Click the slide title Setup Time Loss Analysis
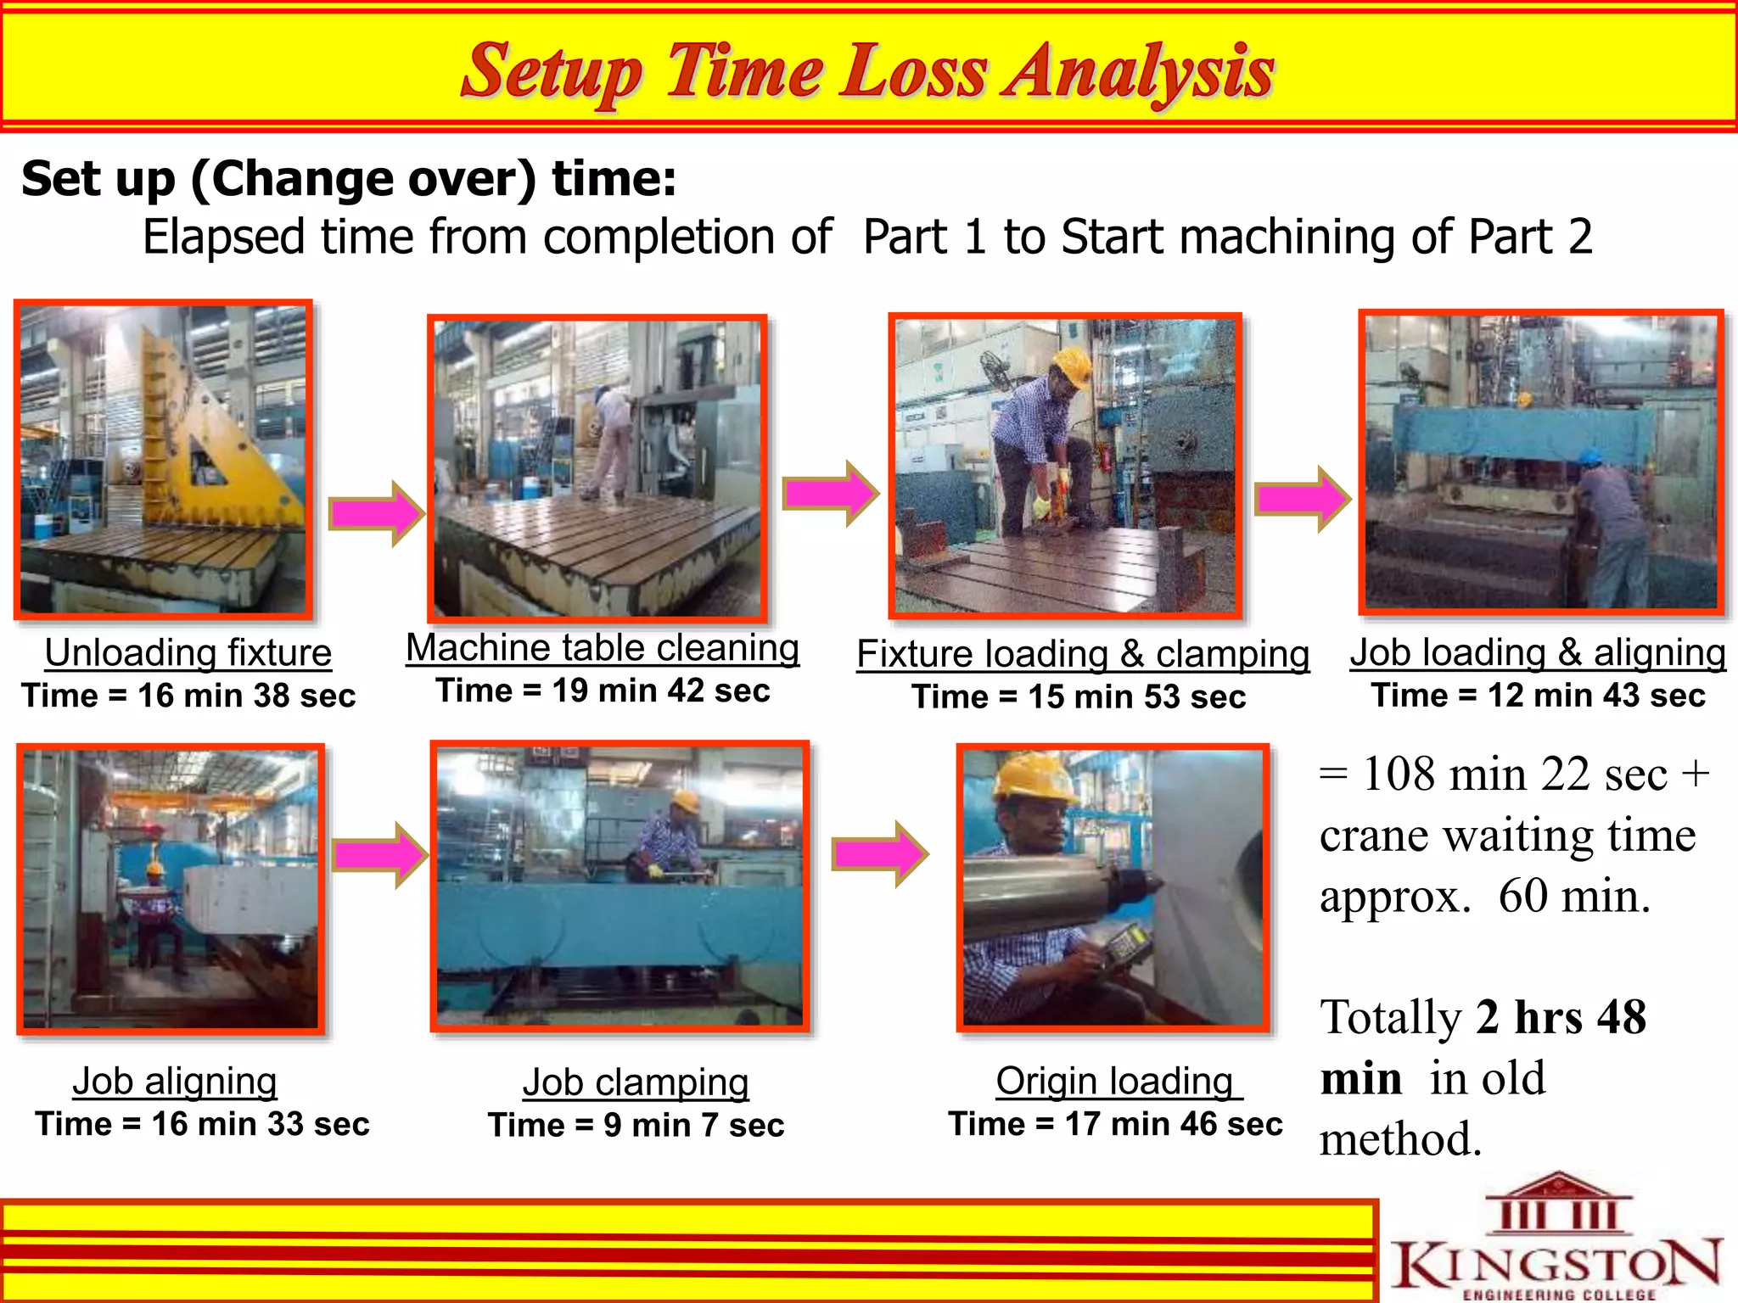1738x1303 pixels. [867, 71]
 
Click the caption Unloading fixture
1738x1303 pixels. [188, 652]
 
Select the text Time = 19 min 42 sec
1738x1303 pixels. [603, 691]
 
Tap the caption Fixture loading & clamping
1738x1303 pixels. [1082, 654]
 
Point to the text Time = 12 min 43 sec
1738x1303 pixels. [1538, 695]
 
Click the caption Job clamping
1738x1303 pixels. [635, 1082]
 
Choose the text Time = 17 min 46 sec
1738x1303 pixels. [1115, 1124]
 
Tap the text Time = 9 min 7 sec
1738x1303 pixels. [636, 1125]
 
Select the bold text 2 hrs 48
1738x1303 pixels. [1560, 1016]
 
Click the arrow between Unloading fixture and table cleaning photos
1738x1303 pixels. [376, 513]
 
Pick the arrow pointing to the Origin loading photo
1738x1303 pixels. [880, 854]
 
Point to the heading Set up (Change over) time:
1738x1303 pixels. [349, 179]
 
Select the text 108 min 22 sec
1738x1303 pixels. [1514, 775]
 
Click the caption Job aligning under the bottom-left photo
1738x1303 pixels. [175, 1082]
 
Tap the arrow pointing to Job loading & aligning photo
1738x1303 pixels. [1302, 499]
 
